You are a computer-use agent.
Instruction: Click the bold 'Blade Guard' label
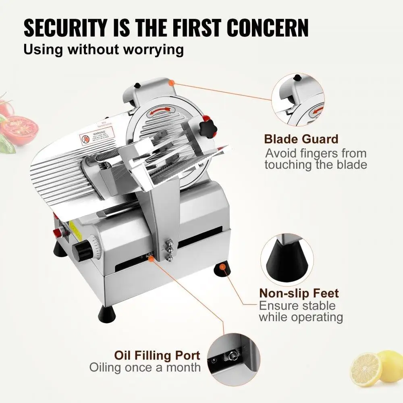(x=301, y=139)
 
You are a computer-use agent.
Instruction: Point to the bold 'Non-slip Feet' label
(x=299, y=293)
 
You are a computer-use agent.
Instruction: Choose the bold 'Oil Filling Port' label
(x=157, y=355)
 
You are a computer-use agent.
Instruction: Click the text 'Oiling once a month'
(x=145, y=368)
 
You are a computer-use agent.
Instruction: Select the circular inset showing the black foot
(x=287, y=258)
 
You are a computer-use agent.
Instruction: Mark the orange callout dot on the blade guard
(x=172, y=83)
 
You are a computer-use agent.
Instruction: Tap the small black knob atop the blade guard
(x=137, y=85)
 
